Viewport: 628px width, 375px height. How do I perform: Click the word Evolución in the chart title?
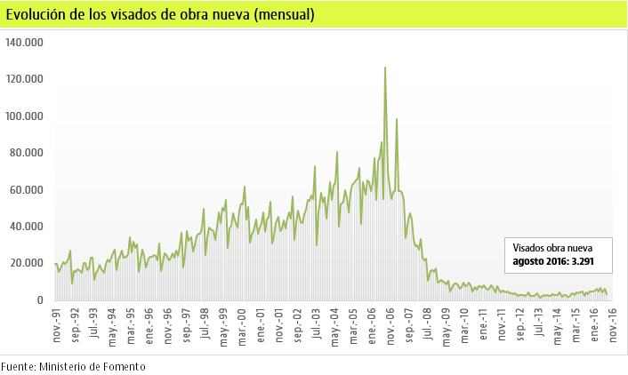(x=36, y=15)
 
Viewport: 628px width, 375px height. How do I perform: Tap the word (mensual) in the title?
(x=283, y=15)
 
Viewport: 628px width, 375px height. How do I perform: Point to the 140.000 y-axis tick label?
(x=24, y=42)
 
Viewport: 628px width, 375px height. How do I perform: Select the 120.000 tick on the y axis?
(x=24, y=79)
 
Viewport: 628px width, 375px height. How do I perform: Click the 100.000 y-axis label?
(x=24, y=116)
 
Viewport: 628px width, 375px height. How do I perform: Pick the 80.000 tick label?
(x=27, y=153)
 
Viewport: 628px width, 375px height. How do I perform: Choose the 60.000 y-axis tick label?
(x=27, y=190)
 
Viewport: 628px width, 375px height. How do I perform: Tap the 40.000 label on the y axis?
(x=27, y=227)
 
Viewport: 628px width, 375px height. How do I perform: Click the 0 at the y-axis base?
(x=39, y=300)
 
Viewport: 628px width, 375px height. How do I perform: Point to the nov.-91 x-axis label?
(x=56, y=328)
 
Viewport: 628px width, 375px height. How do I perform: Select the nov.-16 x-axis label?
(x=613, y=328)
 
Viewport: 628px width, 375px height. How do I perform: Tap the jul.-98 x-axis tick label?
(x=205, y=328)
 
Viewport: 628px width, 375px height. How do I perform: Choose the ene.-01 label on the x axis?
(x=260, y=328)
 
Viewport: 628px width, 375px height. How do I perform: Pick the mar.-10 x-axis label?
(x=464, y=328)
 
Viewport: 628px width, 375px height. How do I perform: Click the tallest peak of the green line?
(x=384, y=68)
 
